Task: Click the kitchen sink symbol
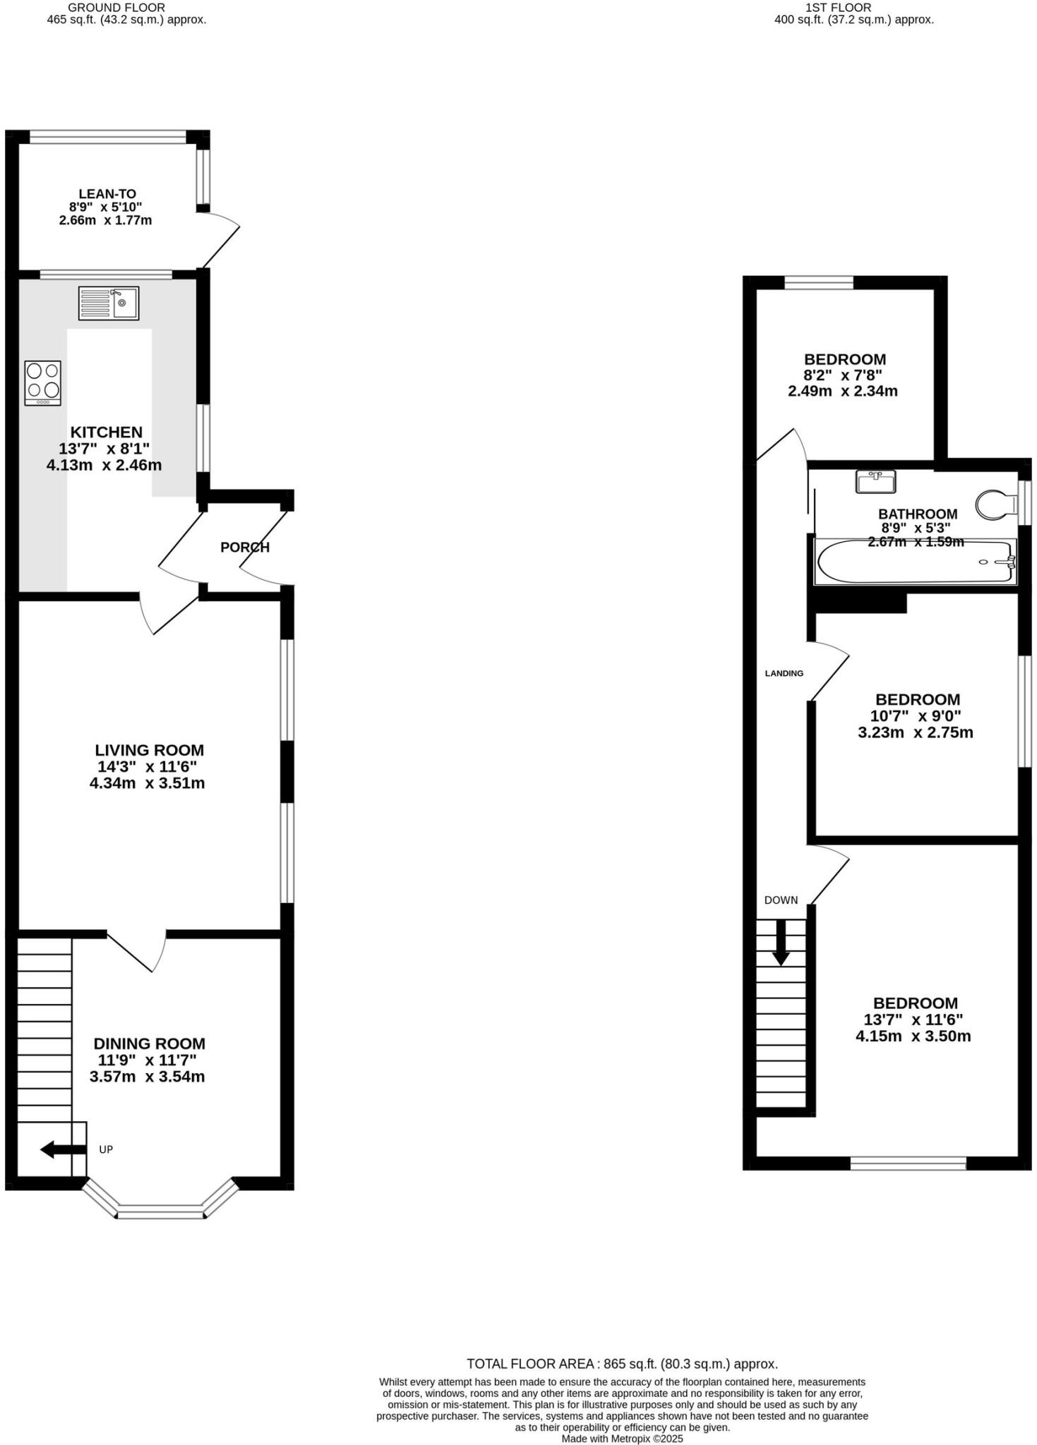[x=109, y=303]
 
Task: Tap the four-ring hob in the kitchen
[x=43, y=382]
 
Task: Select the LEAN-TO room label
[x=107, y=194]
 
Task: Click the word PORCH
[x=245, y=548]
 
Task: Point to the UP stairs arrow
[x=62, y=1149]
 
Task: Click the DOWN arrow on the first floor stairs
[x=781, y=943]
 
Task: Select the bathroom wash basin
[x=875, y=482]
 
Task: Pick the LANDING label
[x=784, y=673]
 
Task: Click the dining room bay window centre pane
[x=160, y=1214]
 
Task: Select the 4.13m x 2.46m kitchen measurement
[x=104, y=466]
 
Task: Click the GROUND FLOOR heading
[x=116, y=7]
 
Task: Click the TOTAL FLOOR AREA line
[x=622, y=1364]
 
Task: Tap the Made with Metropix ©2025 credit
[x=622, y=1439]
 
